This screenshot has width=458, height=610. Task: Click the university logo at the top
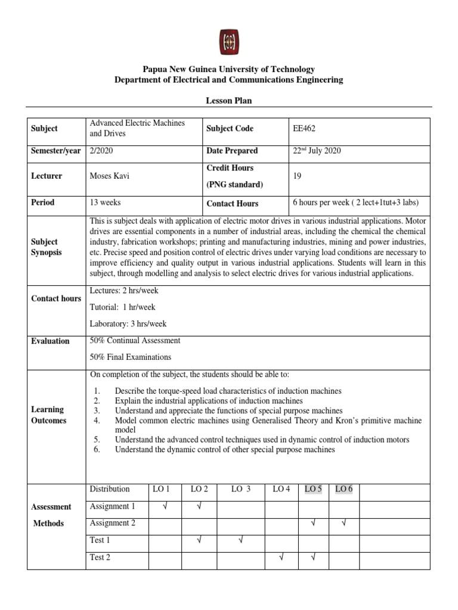pyautogui.click(x=228, y=41)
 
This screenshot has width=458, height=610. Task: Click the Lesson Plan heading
pyautogui.click(x=229, y=101)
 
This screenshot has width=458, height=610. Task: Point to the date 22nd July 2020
pyautogui.click(x=317, y=151)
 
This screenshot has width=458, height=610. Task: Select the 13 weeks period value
pyautogui.click(x=105, y=203)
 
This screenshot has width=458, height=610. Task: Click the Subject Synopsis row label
pyautogui.click(x=45, y=247)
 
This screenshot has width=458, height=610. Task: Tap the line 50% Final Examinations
pyautogui.click(x=130, y=357)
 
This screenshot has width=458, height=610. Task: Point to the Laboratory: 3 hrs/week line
pyautogui.click(x=128, y=324)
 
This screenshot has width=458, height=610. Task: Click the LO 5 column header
pyautogui.click(x=313, y=490)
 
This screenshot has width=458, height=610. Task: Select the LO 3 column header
pyautogui.click(x=240, y=490)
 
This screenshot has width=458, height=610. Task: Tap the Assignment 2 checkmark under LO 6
pyautogui.click(x=344, y=524)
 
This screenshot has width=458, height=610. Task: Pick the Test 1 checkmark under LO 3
pyautogui.click(x=240, y=541)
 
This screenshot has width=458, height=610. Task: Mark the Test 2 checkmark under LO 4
pyautogui.click(x=281, y=558)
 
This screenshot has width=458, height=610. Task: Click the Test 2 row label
pyautogui.click(x=100, y=558)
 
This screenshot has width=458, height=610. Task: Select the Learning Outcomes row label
pyautogui.click(x=48, y=415)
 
